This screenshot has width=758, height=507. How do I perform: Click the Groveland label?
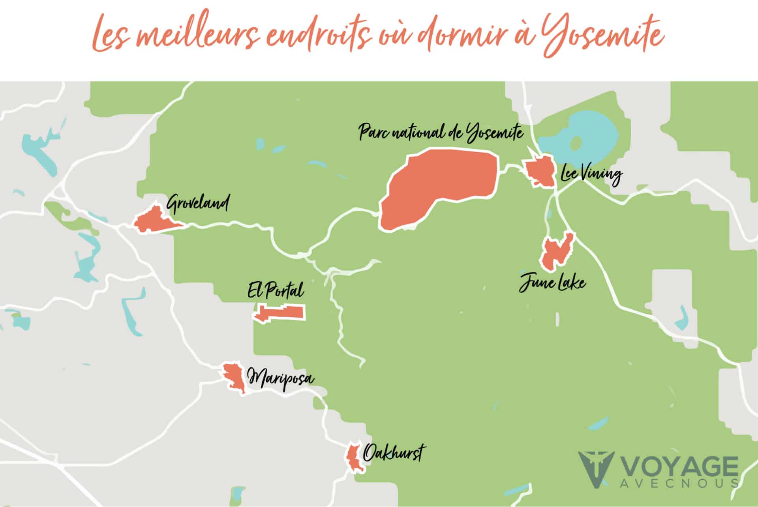click(197, 204)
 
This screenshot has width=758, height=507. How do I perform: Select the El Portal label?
click(276, 291)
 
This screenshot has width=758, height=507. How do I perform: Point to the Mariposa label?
click(280, 378)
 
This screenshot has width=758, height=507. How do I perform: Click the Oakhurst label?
click(392, 452)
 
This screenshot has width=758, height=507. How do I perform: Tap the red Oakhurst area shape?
click(353, 457)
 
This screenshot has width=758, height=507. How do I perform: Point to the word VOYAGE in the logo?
click(679, 468)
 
